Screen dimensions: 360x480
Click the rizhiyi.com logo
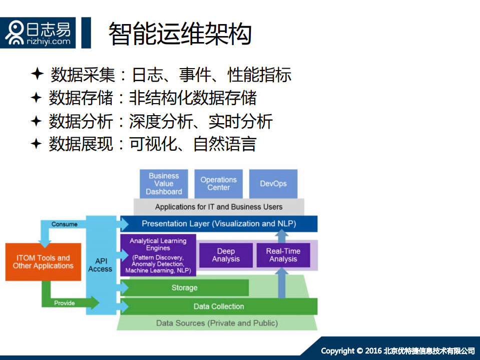38,33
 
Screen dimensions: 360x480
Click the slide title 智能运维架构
180,34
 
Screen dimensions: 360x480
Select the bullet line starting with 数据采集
171,75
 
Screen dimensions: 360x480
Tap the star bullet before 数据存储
36,98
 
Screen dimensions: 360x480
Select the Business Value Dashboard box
164,184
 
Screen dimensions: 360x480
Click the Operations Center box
218,184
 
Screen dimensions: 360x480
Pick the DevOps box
273,184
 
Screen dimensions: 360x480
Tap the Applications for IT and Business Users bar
219,207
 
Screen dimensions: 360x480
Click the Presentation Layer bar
219,224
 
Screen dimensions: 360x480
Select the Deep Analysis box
226,255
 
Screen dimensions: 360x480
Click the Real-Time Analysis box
283,255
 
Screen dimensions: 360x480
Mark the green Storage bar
185,288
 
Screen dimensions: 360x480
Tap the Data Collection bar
219,306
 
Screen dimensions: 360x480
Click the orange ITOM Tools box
43,262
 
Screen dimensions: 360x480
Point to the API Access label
100,265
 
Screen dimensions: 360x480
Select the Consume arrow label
65,224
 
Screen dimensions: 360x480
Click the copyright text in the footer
397,350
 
